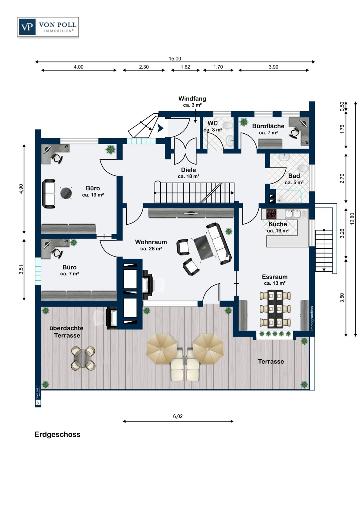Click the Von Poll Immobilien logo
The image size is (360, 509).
pos(48,27)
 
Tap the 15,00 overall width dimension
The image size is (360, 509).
pos(175,59)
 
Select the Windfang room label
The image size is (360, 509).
pos(192,99)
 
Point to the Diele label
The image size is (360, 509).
pos(188,170)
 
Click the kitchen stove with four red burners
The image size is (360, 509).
pos(271,214)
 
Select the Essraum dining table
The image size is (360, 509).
pos(275,309)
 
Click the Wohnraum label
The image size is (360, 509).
pos(151,242)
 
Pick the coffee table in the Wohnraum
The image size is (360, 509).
pos(203,247)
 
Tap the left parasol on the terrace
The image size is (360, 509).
pos(162,349)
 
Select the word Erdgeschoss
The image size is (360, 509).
pos(57,434)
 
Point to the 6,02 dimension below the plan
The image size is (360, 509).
pos(178,416)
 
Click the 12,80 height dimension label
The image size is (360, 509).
pos(352,219)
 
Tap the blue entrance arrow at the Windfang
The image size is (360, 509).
pos(160,129)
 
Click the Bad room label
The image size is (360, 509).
pos(294,176)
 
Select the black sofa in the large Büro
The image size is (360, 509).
pos(49,194)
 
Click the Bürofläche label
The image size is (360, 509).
pos(268,126)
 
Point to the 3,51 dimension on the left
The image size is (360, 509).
pos(21,269)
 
